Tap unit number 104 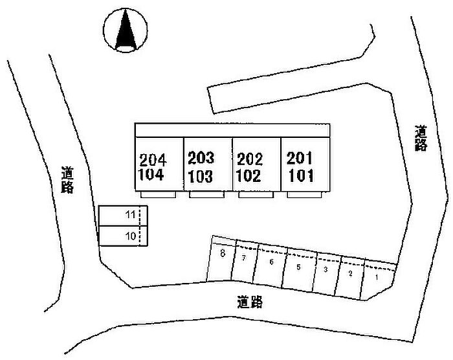pos(153,174)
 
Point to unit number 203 pos(201,158)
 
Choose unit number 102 pos(249,175)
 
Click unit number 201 pos(299,157)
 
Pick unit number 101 pos(299,174)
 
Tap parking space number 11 pos(130,214)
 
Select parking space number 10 pos(130,236)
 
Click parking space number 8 pos(223,254)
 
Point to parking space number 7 pos(244,258)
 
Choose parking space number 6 pos(272,262)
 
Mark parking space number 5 pos(298,266)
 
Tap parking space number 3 pos(326,269)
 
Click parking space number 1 pos(377,276)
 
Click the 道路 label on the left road pos(67,180)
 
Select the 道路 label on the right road pos(421,139)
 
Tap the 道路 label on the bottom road pos(249,302)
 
